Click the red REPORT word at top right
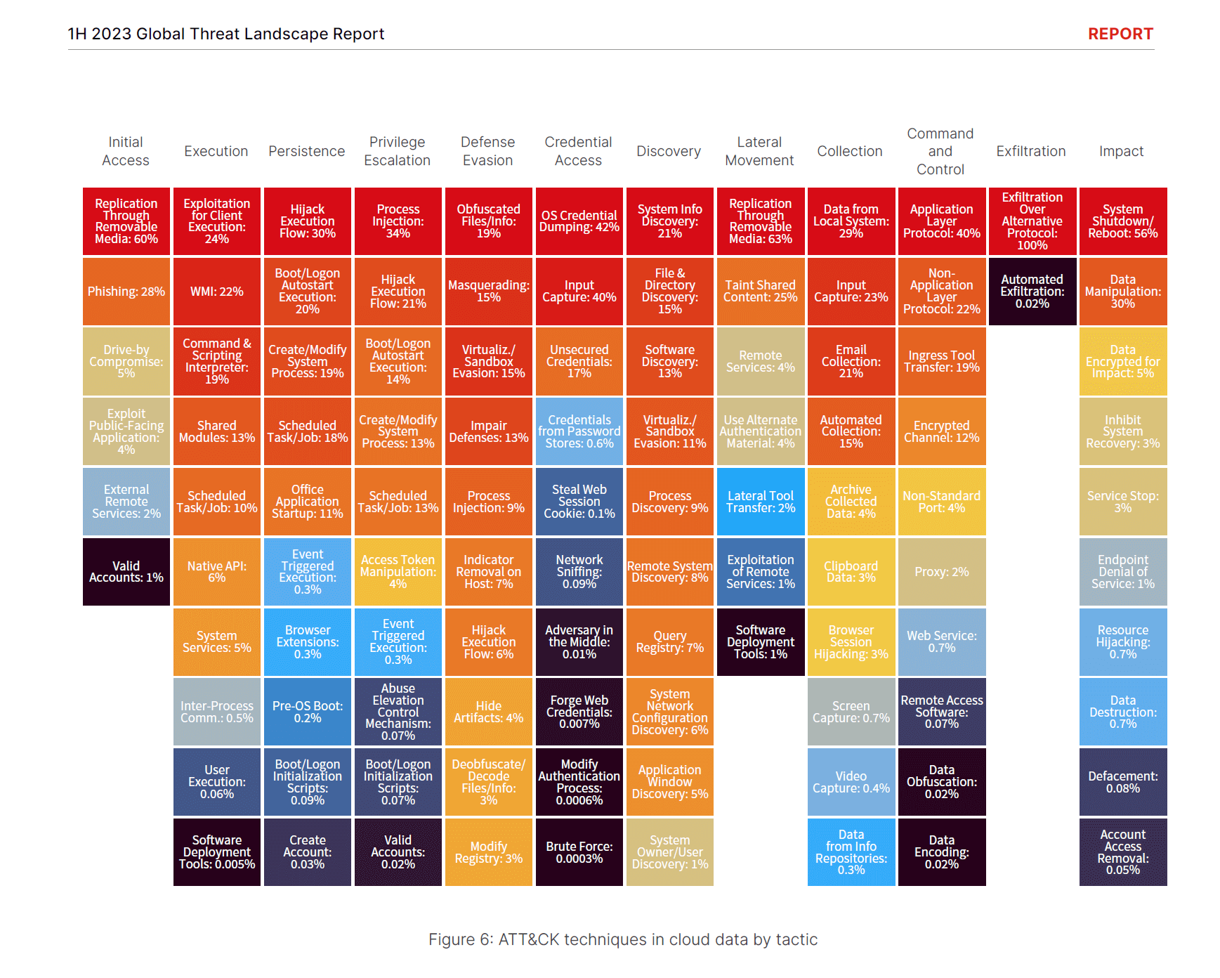[x=1120, y=34]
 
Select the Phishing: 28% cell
[x=126, y=292]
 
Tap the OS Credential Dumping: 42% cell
[x=579, y=221]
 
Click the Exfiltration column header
[x=1030, y=151]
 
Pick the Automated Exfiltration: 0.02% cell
[x=1032, y=292]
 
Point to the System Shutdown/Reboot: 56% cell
[x=1122, y=221]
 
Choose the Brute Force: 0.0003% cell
[x=579, y=852]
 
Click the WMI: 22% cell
[x=216, y=292]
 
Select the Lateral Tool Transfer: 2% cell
[x=760, y=502]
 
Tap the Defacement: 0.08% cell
[x=1122, y=782]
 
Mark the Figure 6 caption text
[x=622, y=939]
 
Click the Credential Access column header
[x=578, y=151]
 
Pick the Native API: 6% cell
[x=216, y=572]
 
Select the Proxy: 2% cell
[x=941, y=572]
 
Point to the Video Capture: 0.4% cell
[x=851, y=782]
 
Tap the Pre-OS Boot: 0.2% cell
[x=307, y=712]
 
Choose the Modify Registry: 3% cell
[x=488, y=852]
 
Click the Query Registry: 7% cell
[x=669, y=642]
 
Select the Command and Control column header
[x=940, y=151]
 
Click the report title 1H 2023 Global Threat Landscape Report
[x=225, y=34]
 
